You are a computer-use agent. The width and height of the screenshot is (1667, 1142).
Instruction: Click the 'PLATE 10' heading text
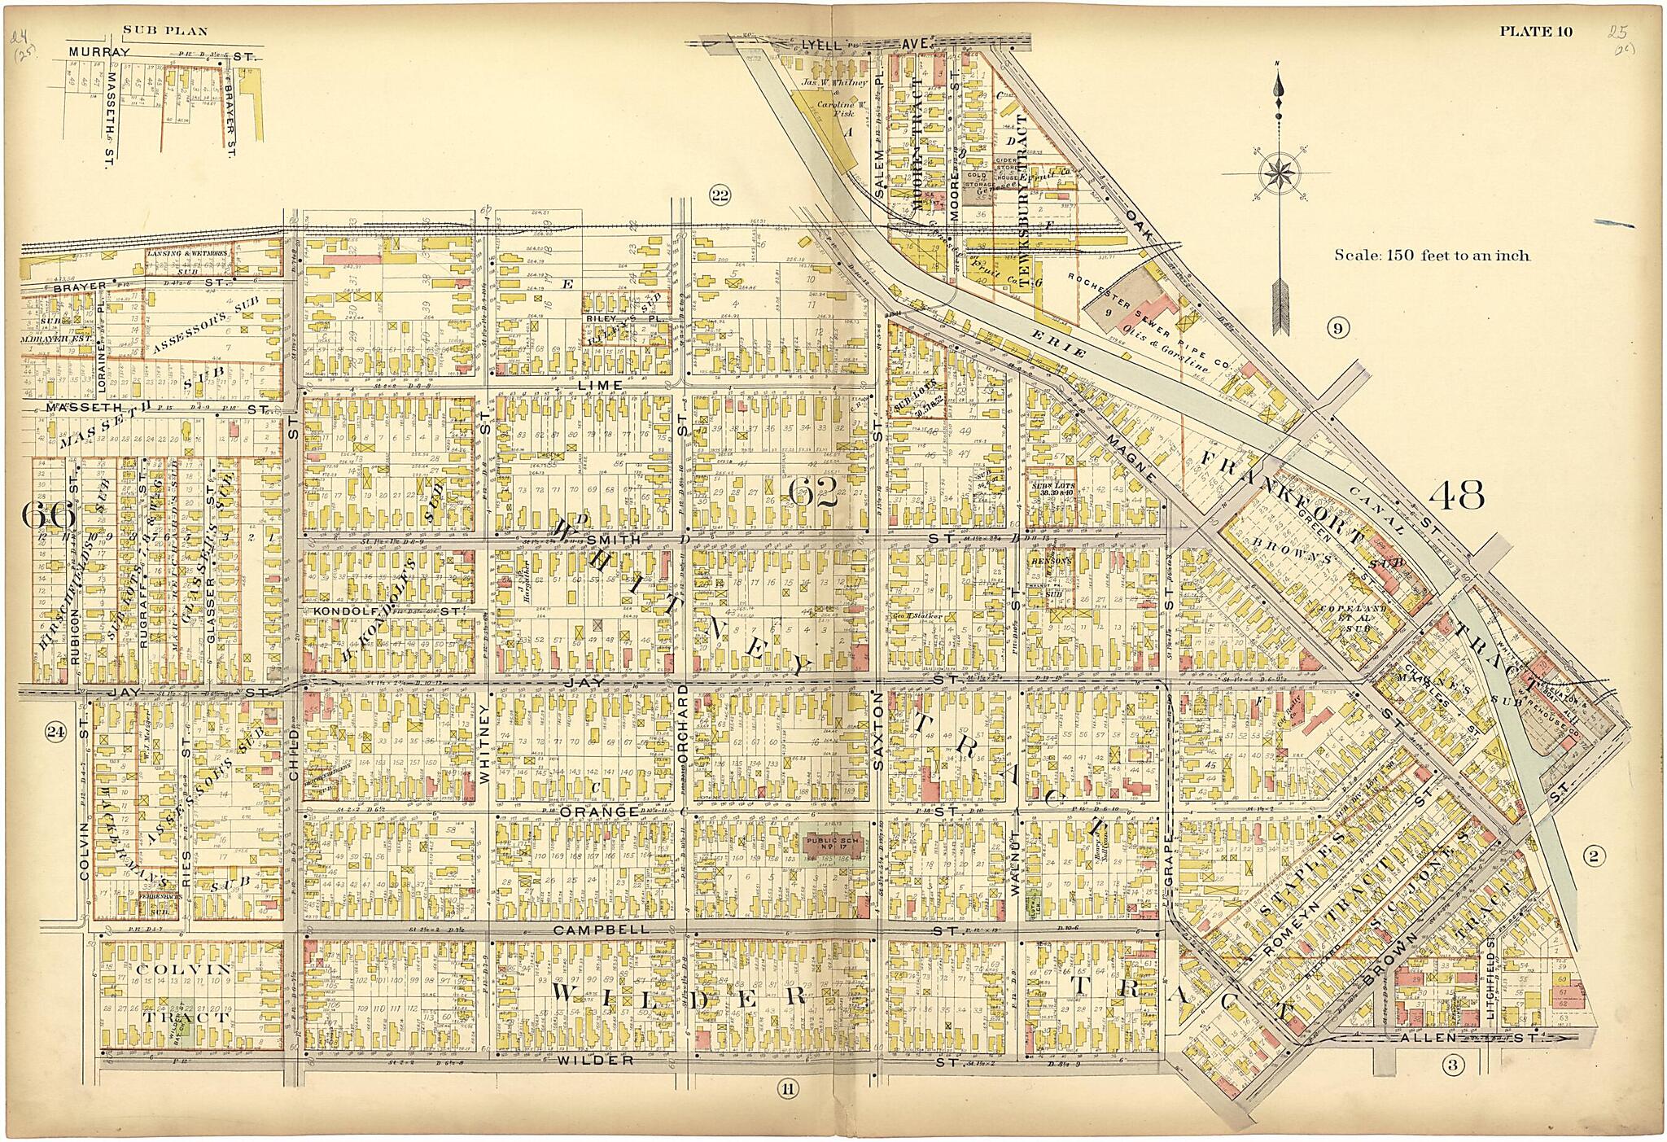point(1537,33)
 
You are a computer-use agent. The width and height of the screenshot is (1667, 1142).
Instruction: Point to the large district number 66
point(48,514)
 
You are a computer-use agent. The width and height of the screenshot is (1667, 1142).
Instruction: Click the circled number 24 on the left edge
point(55,732)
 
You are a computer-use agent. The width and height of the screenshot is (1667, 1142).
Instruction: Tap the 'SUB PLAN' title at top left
point(165,32)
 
